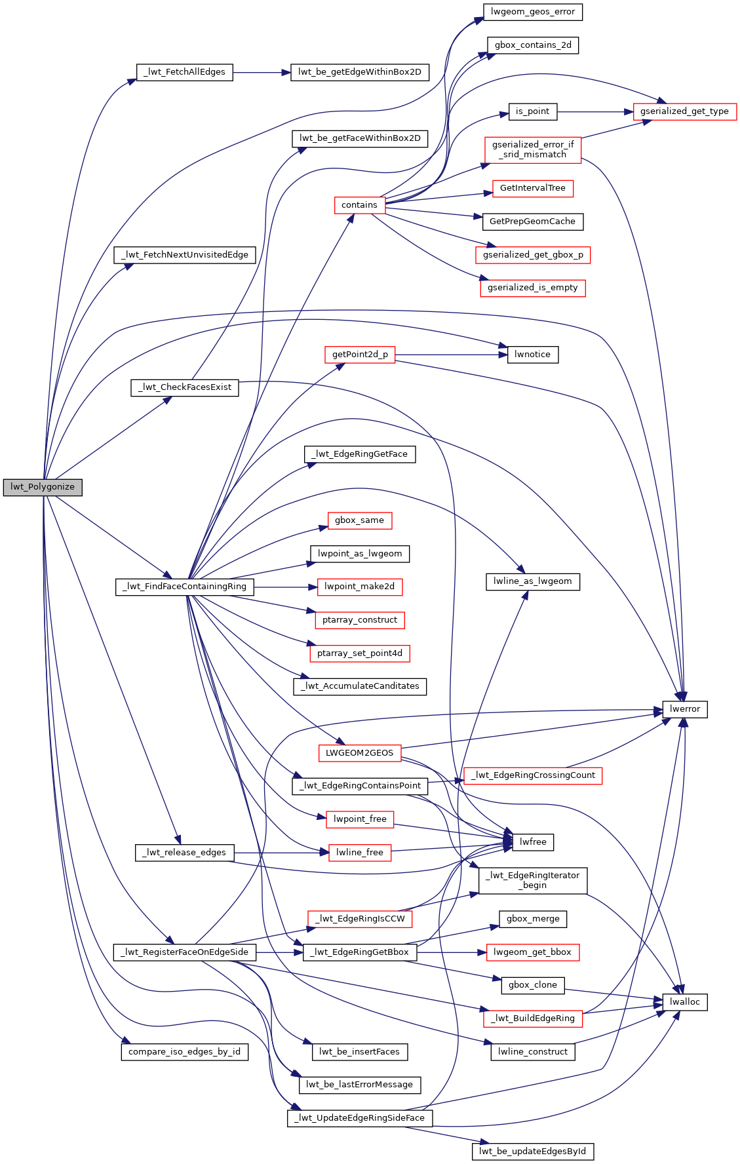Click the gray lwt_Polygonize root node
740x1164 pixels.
click(43, 488)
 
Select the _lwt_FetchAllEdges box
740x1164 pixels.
click(184, 72)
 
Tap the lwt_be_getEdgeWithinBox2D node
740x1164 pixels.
click(359, 72)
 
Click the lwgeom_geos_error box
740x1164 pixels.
click(532, 12)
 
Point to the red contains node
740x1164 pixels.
click(359, 205)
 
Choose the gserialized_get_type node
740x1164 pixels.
click(684, 111)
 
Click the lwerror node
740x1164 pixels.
click(685, 709)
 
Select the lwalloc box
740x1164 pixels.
click(685, 1002)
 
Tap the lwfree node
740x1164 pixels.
click(532, 842)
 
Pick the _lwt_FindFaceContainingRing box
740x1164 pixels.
click(184, 587)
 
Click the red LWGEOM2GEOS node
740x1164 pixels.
click(359, 753)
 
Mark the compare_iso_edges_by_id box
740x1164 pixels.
click(184, 1052)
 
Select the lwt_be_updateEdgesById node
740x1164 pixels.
click(532, 1152)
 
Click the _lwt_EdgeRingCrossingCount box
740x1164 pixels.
click(532, 775)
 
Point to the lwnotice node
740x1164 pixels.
click(532, 355)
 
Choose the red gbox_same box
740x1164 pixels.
click(359, 520)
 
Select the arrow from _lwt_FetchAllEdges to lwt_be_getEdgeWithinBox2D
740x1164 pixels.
click(262, 72)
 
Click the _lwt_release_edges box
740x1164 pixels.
click(184, 853)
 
